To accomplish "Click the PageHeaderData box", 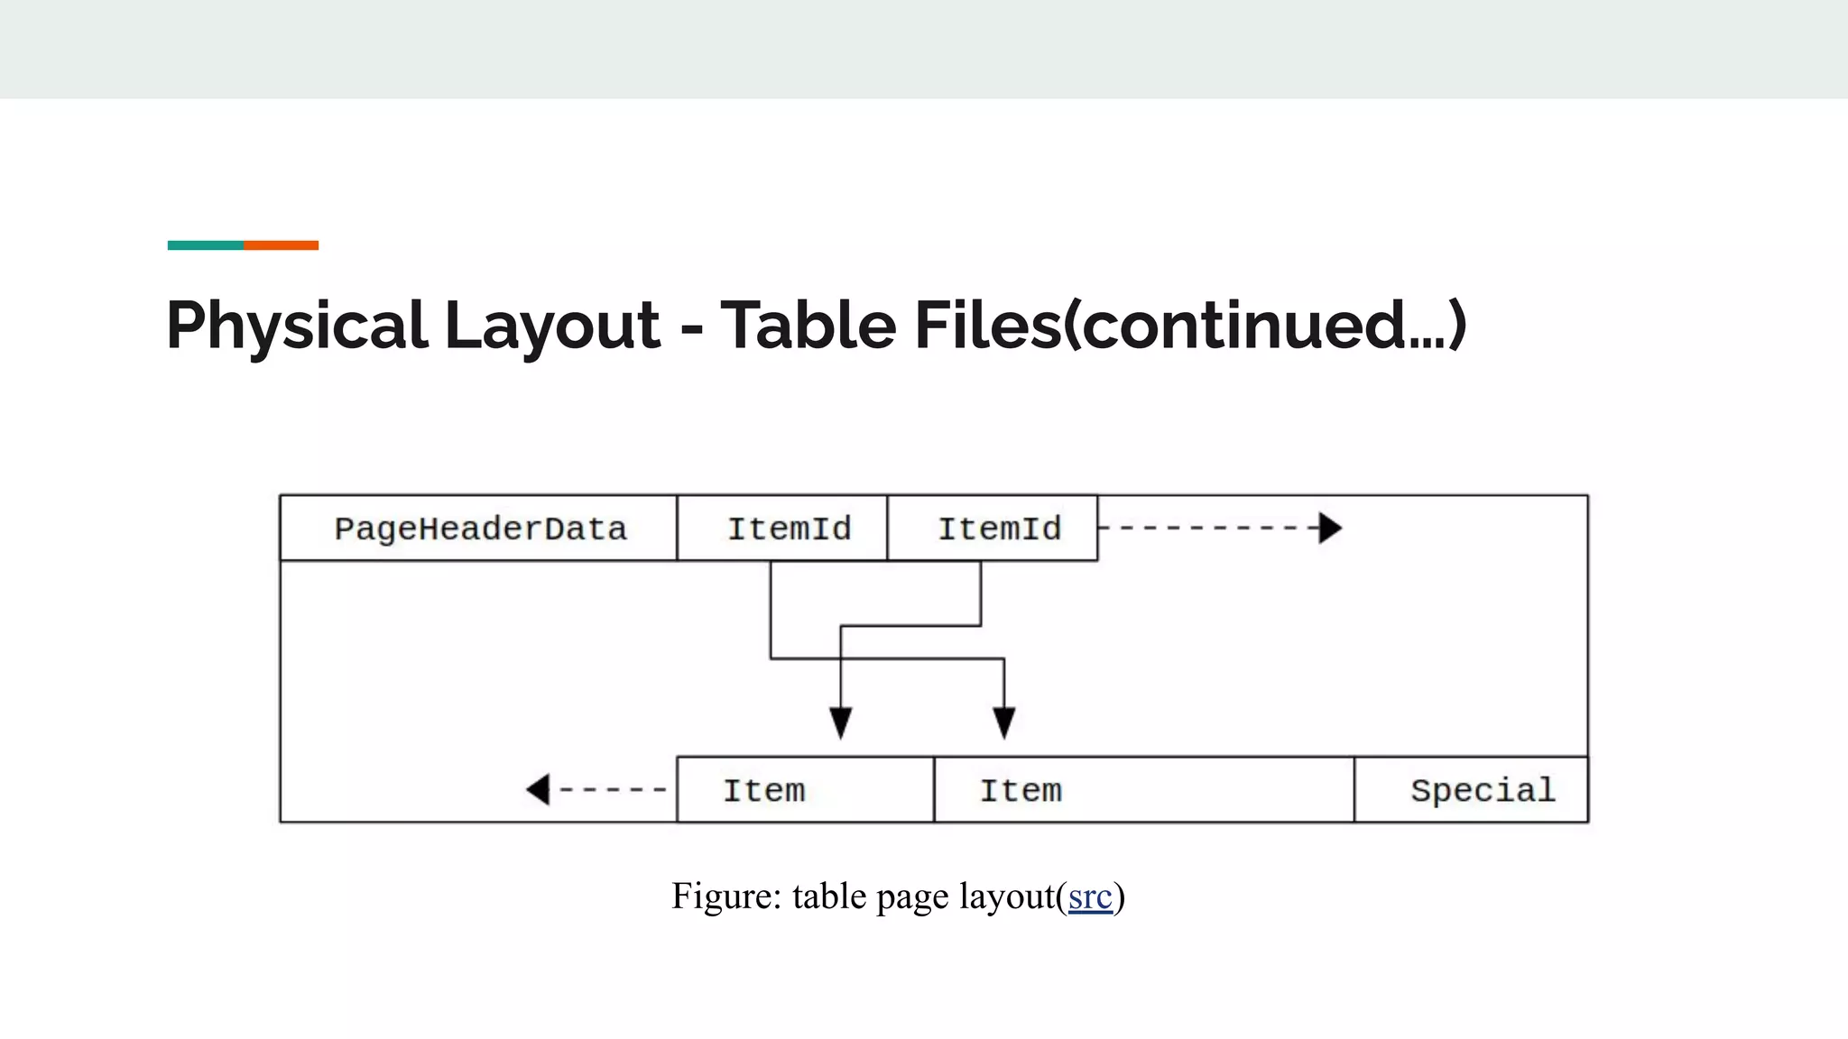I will [479, 529].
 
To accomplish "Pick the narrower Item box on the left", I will [805, 790].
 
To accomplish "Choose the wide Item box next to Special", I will [1143, 790].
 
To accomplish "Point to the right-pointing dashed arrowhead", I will [1330, 528].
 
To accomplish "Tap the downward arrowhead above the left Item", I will [841, 722].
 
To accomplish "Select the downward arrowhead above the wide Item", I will [1004, 722].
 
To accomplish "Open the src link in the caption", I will [1089, 896].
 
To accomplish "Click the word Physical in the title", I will [296, 326].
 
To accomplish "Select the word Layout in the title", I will [552, 326].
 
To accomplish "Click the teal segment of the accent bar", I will [206, 245].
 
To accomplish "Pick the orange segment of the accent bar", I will [281, 245].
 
